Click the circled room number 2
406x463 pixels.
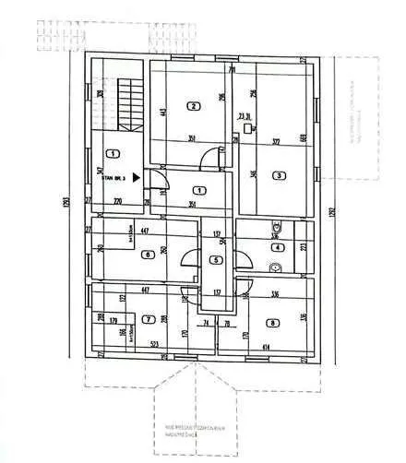pyautogui.click(x=194, y=105)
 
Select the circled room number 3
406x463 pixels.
pyautogui.click(x=277, y=175)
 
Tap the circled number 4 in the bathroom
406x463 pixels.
pyautogui.click(x=279, y=246)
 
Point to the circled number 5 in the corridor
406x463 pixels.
pyautogui.click(x=215, y=260)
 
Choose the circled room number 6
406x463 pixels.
pyautogui.click(x=147, y=255)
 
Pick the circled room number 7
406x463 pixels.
pyautogui.click(x=148, y=320)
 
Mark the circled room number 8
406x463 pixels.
pyautogui.click(x=273, y=322)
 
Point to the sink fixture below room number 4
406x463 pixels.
pyautogui.click(x=274, y=267)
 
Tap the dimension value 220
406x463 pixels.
pyautogui.click(x=117, y=200)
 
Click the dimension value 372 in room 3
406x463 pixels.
pyautogui.click(x=275, y=141)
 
